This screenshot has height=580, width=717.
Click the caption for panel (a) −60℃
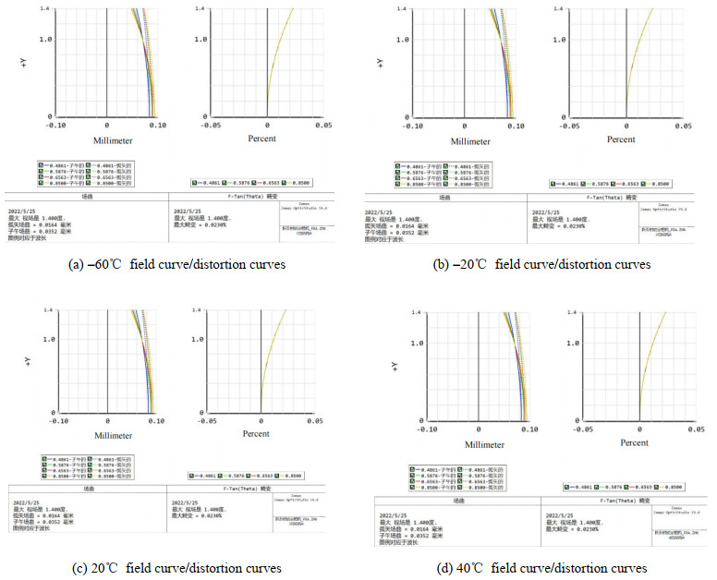tap(176, 264)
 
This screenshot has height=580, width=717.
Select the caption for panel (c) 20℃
tap(176, 567)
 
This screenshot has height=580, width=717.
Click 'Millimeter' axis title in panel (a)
tap(116, 141)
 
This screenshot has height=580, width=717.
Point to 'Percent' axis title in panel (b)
tap(621, 139)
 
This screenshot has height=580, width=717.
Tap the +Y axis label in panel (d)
tap(395, 368)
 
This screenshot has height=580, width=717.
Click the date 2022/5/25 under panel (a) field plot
tap(21, 210)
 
